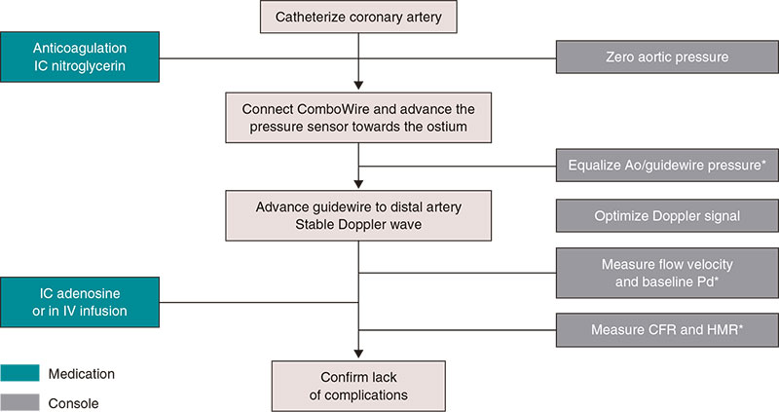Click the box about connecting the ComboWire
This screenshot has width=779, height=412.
(x=359, y=115)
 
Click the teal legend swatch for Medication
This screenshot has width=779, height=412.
(x=33, y=374)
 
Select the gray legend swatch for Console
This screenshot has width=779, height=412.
(x=33, y=401)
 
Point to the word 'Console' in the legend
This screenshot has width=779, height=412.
(x=101, y=401)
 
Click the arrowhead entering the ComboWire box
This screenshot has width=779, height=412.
(x=359, y=86)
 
